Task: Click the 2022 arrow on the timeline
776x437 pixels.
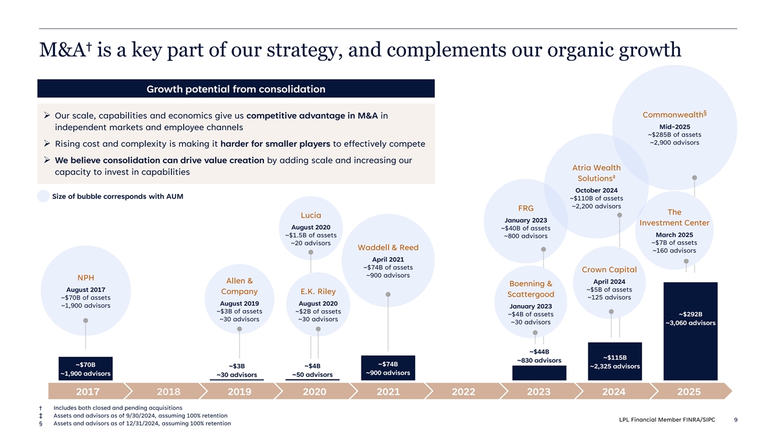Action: click(x=464, y=391)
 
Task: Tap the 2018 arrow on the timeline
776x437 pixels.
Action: click(x=169, y=391)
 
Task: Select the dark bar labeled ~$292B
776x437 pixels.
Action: click(x=691, y=331)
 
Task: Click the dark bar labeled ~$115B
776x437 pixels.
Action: click(x=615, y=361)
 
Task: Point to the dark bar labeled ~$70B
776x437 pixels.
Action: click(x=85, y=368)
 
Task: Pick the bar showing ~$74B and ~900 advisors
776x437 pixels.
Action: click(x=388, y=368)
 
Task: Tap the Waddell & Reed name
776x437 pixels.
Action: click(x=388, y=247)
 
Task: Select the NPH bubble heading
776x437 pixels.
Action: click(x=85, y=278)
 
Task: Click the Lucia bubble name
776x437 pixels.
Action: click(x=311, y=216)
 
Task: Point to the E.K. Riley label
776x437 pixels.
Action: click(x=318, y=292)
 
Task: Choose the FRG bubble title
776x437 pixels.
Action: click(x=526, y=208)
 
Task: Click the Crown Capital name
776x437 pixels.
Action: click(x=609, y=270)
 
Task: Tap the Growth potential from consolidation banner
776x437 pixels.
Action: click(x=236, y=89)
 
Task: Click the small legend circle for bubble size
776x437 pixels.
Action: click(x=43, y=196)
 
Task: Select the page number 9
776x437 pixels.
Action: click(x=735, y=420)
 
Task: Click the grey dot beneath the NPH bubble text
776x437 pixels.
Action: click(x=85, y=321)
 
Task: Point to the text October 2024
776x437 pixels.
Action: click(x=596, y=190)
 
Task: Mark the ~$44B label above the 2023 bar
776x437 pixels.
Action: click(x=539, y=352)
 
